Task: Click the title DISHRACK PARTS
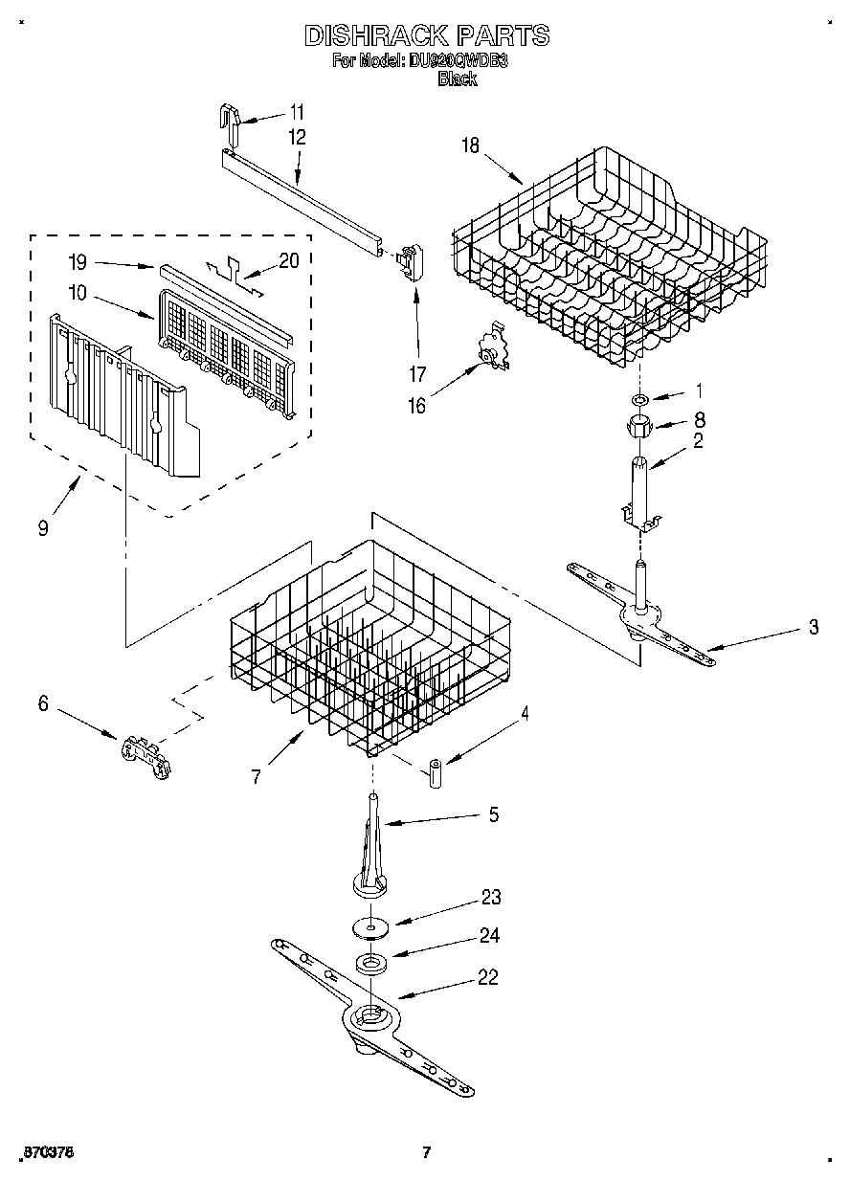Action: pyautogui.click(x=427, y=36)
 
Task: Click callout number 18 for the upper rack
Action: pyautogui.click(x=470, y=145)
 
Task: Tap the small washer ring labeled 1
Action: pyautogui.click(x=638, y=396)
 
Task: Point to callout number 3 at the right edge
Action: pyautogui.click(x=813, y=628)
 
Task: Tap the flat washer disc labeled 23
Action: pyautogui.click(x=371, y=926)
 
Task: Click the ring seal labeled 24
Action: pyautogui.click(x=370, y=963)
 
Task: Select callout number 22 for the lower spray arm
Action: pyautogui.click(x=489, y=978)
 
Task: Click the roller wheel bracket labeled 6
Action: pyautogui.click(x=144, y=747)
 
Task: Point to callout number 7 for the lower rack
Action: pyautogui.click(x=256, y=777)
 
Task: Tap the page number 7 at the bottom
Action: pyautogui.click(x=427, y=1151)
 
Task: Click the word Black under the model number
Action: pyautogui.click(x=457, y=79)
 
